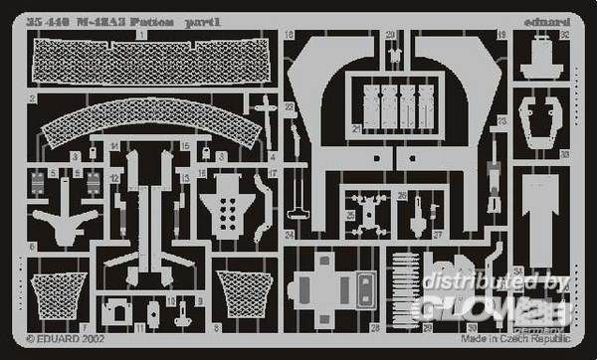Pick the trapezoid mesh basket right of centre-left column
239,295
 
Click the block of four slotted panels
399,101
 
